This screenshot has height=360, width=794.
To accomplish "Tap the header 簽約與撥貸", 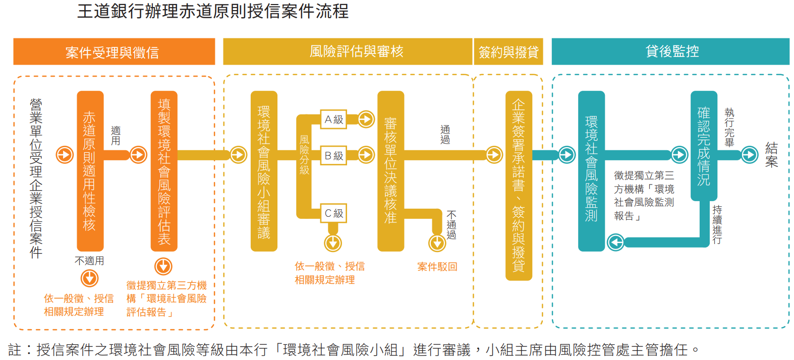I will pos(508,51).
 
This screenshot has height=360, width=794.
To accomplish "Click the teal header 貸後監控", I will pos(670,51).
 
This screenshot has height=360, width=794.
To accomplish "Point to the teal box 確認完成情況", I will pos(704,146).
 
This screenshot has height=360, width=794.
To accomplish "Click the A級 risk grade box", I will pos(334,119).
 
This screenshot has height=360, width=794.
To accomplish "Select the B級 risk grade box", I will pos(334,156).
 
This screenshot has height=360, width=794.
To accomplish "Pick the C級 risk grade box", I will pos(334,213).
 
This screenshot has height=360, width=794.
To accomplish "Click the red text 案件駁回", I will pos(437,267).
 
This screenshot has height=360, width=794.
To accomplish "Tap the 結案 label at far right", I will pos(771,155).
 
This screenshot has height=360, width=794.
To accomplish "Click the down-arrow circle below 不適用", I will pos(89,278).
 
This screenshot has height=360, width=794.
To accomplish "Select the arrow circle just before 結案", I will pos(750,155).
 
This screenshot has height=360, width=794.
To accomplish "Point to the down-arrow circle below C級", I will pos(333,243).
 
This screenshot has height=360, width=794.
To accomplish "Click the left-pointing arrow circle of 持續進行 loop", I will pos(616,243).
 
